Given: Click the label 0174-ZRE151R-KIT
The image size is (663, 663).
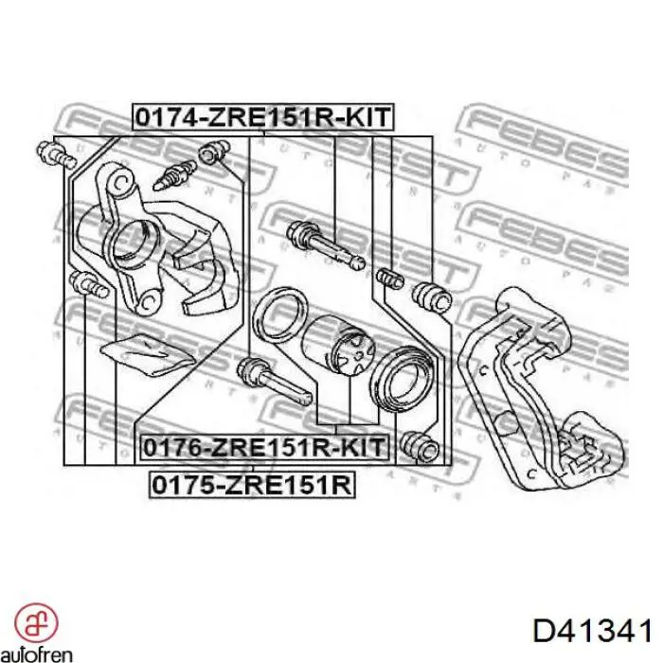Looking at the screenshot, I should tap(262, 117).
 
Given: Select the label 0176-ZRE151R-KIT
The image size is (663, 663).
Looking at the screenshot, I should tap(263, 446).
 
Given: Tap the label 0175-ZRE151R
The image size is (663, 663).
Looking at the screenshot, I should tap(253, 486).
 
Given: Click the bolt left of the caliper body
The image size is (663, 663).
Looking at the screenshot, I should tap(84, 283).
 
